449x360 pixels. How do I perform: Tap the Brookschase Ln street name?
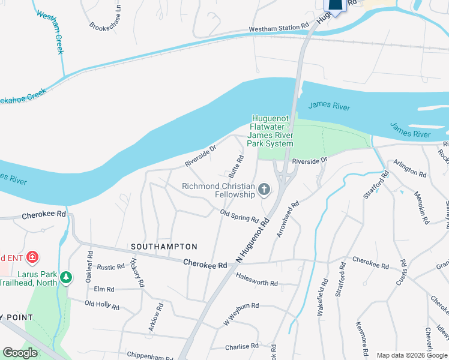coord(106,18)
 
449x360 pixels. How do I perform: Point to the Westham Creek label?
coord(50,32)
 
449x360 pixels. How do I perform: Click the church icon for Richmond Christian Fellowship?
coord(264,191)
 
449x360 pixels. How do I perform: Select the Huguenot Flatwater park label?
coord(271,131)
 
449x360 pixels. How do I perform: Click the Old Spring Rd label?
coord(239,215)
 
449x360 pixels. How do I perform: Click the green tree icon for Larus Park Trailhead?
coord(66,278)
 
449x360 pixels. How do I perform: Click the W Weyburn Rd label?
coord(241,314)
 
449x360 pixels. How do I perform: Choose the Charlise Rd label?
coord(241,346)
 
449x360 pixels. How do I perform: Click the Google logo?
coord(20,353)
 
